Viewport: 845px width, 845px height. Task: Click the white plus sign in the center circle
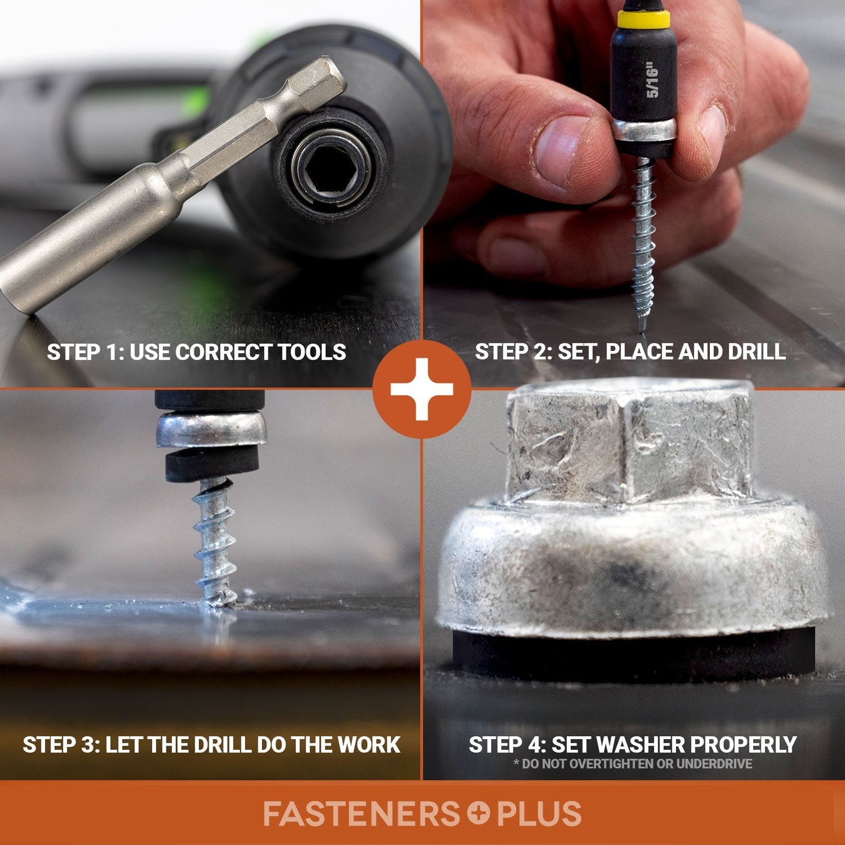point(422,389)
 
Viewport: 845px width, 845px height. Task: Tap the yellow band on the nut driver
point(643,20)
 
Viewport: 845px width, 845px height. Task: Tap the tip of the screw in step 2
point(641,331)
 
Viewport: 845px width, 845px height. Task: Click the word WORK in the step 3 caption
point(367,744)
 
